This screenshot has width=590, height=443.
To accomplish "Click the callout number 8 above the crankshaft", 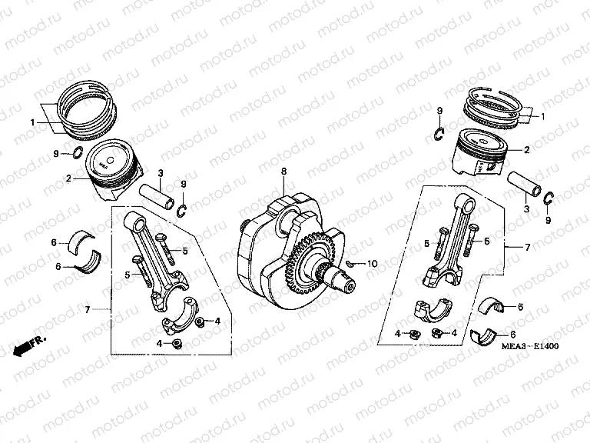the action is click(x=283, y=172).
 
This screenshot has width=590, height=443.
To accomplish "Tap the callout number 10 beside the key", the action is click(x=372, y=264).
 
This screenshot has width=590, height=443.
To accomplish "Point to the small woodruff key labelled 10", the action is click(x=350, y=263).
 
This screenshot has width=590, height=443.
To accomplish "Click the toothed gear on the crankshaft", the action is click(x=310, y=264).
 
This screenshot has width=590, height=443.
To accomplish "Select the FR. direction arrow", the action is click(x=29, y=345).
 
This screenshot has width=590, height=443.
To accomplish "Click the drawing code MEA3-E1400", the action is click(x=530, y=346).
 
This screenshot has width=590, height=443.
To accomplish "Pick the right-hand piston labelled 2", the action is click(x=479, y=152).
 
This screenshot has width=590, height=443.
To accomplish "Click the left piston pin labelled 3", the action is click(x=157, y=196).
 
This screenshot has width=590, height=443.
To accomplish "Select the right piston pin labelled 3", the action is click(x=524, y=184).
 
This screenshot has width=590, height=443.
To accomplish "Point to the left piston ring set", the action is click(x=87, y=109).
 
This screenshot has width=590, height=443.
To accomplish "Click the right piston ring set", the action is click(x=493, y=109).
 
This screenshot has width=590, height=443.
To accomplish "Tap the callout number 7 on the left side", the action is click(x=88, y=310).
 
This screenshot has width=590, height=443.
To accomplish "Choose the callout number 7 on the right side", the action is click(x=528, y=247).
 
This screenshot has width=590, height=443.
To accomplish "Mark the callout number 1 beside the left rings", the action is click(x=33, y=122).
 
